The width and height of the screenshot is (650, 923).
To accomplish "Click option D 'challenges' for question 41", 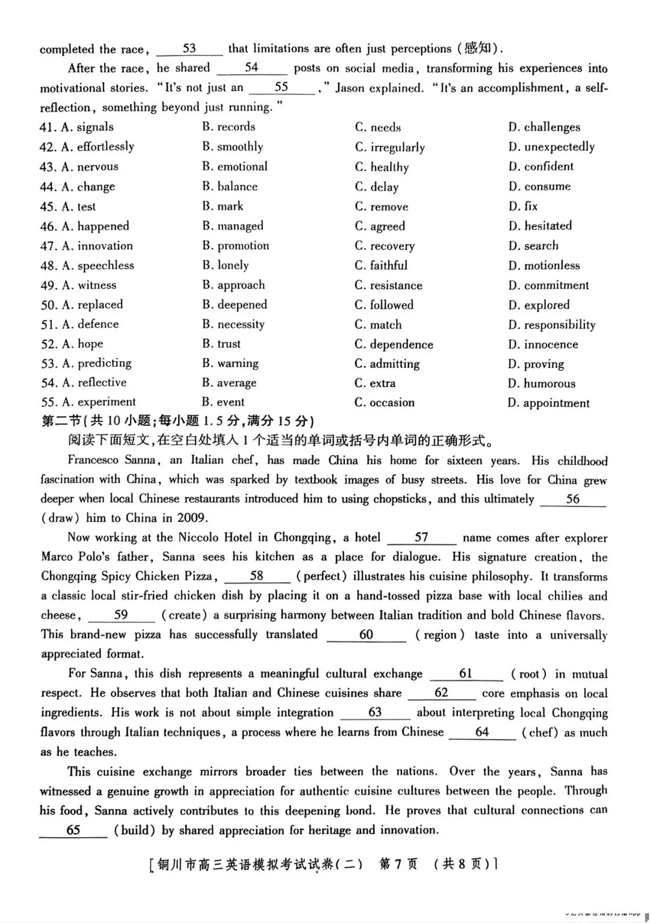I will [x=545, y=127].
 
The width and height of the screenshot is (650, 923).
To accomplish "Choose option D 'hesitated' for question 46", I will [x=540, y=226].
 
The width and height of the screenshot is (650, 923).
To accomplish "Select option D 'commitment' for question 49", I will [x=548, y=285].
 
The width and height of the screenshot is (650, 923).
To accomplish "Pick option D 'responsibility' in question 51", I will [x=551, y=325].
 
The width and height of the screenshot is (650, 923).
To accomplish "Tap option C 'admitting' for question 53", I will [x=387, y=364].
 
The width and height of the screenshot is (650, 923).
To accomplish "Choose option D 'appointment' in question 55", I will [x=548, y=403].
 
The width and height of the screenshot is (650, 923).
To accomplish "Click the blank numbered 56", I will [x=572, y=499].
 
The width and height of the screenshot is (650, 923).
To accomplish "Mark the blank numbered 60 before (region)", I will [x=366, y=635].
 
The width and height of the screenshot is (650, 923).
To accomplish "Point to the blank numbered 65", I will [x=73, y=830].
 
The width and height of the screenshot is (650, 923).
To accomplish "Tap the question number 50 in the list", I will [x=49, y=305].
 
